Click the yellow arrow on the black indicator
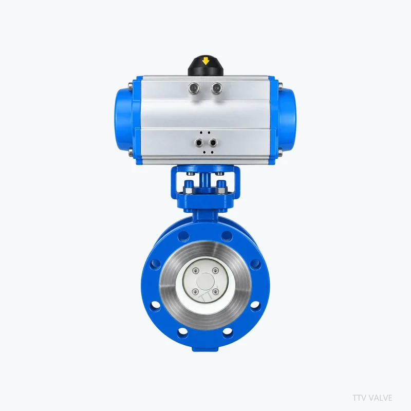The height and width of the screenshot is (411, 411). click(206, 61)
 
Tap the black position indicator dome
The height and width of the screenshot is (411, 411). click(206, 66)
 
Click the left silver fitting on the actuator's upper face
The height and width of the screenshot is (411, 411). click(194, 87)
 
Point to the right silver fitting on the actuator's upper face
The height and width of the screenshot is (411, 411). click(216, 87)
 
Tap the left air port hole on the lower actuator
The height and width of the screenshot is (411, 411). click(199, 143)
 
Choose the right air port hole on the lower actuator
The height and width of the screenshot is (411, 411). click(213, 143)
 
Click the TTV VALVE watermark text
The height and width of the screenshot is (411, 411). click(372, 398)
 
